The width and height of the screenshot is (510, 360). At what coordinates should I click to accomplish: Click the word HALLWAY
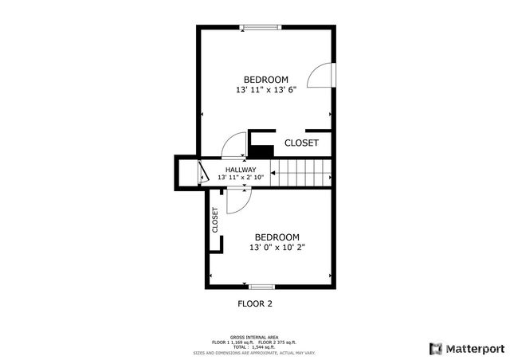coord(241,170)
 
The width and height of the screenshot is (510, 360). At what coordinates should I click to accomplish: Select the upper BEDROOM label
coord(265,80)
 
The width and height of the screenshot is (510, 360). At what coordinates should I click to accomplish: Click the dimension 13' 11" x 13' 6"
coord(265,91)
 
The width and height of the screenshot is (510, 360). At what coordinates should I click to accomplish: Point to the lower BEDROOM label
coord(277,237)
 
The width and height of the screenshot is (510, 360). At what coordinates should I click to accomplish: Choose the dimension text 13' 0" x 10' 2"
coord(277,248)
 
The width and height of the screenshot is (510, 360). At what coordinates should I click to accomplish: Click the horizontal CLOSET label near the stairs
coord(301,143)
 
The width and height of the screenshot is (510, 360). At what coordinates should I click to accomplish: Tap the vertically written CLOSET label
coord(215,221)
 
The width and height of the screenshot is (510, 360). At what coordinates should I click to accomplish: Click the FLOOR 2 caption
coord(255,303)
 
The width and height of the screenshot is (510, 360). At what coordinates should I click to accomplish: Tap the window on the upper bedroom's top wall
coord(261,28)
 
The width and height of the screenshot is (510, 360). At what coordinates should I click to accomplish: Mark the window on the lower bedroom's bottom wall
coord(261,286)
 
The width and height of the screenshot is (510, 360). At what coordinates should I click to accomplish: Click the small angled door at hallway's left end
coord(202,171)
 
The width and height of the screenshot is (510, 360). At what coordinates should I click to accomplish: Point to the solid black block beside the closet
coord(261,150)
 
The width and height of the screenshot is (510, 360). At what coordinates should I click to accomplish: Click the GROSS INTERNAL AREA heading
coord(254,337)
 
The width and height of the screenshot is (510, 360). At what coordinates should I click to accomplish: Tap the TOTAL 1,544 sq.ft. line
coord(254,346)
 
